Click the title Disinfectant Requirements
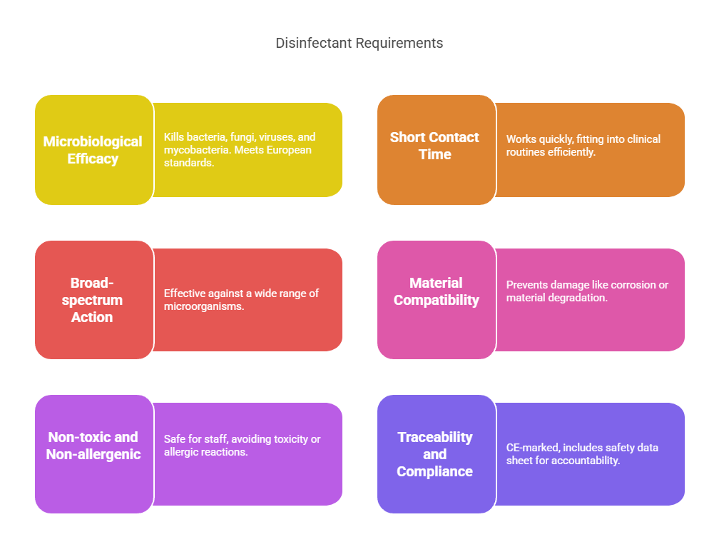point(359,43)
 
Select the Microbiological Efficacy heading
point(93,150)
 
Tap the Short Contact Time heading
point(434,146)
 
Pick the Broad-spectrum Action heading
point(92,300)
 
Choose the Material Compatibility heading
point(436,291)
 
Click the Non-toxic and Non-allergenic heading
point(93,446)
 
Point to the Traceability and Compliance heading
point(434,454)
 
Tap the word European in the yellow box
point(289,150)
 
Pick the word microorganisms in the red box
point(203,306)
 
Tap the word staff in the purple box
point(216,439)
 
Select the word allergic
point(180,452)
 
